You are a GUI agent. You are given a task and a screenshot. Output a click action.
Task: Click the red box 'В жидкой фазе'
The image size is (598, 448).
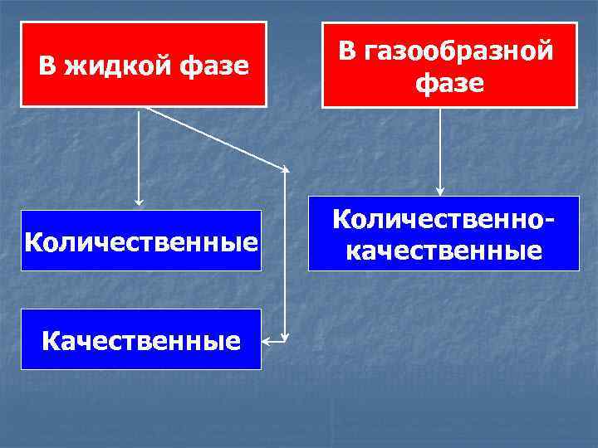(x=144, y=65)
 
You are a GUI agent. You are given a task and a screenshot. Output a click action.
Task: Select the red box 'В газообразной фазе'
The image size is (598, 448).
(x=449, y=65)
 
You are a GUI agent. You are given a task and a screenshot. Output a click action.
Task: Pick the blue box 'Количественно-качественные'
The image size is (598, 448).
(x=444, y=233)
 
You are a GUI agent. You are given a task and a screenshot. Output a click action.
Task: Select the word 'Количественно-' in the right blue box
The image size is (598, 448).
(x=444, y=219)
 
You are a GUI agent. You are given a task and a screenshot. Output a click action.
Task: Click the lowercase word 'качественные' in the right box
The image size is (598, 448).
(x=444, y=249)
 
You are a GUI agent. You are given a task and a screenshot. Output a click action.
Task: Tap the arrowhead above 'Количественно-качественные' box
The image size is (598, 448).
(x=440, y=190)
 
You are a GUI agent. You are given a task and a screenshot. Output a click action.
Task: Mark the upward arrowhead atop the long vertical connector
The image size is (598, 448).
(x=285, y=170)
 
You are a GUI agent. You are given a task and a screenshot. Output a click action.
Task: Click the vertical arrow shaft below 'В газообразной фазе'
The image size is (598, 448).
(x=440, y=149)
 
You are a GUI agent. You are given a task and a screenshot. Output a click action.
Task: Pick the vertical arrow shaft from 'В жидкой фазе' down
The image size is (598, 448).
(x=139, y=153)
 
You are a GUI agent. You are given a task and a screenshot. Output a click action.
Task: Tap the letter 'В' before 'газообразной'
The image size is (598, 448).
(x=348, y=51)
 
